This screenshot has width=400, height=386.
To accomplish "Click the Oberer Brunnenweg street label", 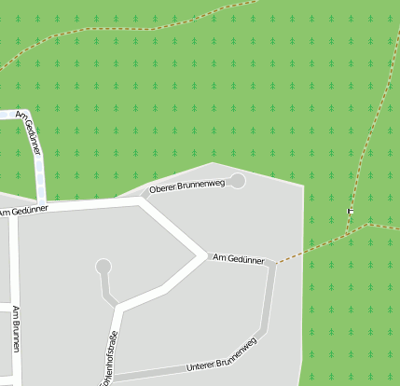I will click(187, 186).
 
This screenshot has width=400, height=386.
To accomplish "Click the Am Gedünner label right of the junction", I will click(239, 258).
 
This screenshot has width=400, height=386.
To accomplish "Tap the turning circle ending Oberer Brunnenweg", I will click(238, 180).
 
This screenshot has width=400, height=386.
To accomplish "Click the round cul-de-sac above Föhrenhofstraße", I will click(103, 267).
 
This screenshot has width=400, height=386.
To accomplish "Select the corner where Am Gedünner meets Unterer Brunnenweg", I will click(273, 265).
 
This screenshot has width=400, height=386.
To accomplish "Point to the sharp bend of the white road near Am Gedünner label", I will click(203, 254).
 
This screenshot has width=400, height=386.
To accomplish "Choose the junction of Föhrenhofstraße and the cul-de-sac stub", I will click(117, 305).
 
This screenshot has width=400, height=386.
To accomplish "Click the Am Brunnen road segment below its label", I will click(17, 368).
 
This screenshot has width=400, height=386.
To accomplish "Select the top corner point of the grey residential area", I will click(214, 163).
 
